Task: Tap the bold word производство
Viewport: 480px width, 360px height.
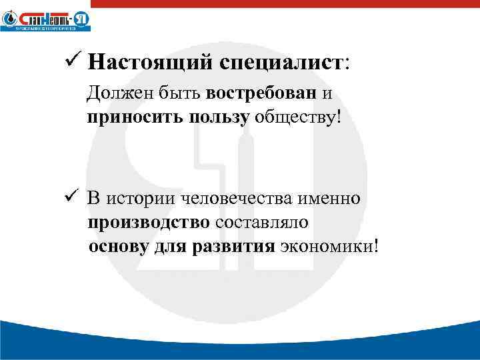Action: coord(149,222)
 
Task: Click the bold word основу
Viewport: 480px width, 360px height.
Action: coord(119,247)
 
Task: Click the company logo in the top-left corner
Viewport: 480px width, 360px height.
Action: coord(45,19)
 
